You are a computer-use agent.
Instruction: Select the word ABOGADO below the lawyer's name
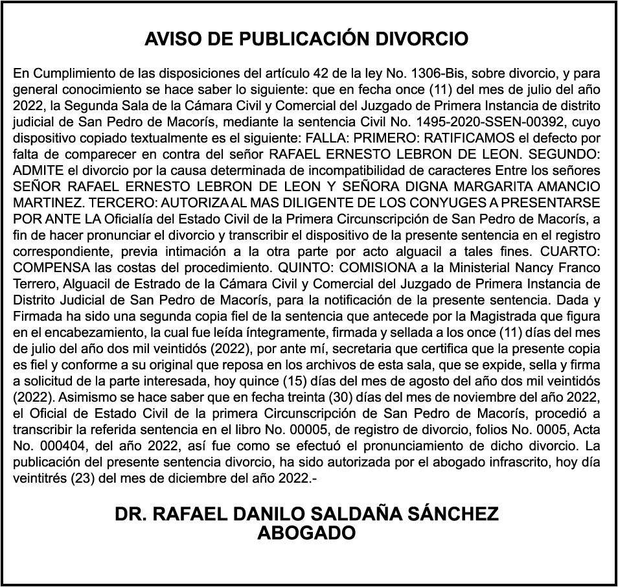pos(306,533)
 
